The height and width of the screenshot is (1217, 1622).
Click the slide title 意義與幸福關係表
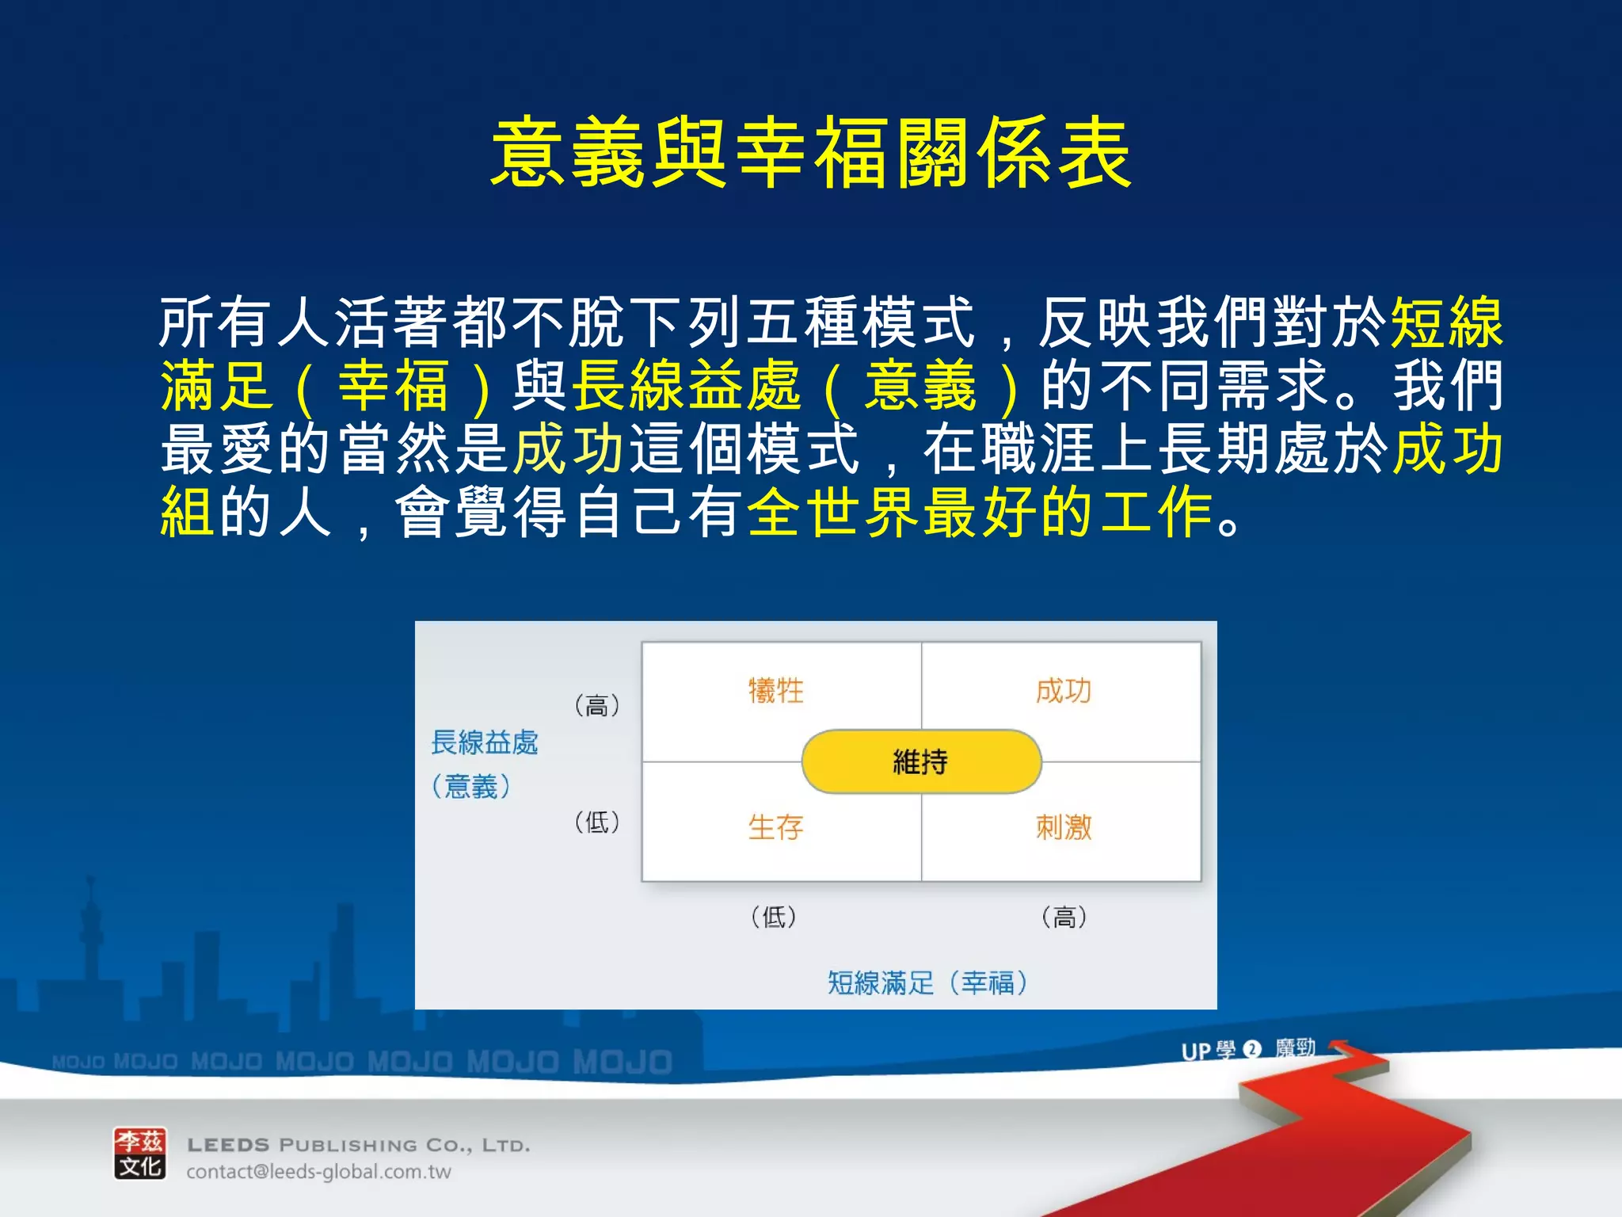[x=811, y=153]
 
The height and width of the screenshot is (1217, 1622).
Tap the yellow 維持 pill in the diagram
[x=921, y=761]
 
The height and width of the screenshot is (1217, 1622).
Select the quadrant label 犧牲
[x=775, y=691]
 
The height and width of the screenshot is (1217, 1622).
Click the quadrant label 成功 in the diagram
[x=1063, y=691]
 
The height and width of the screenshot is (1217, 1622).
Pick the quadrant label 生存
[x=775, y=827]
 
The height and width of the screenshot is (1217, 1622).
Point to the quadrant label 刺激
[x=1063, y=827]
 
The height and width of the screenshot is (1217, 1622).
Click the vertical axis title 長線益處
[x=484, y=743]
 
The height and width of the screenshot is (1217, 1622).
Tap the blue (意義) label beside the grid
[x=471, y=787]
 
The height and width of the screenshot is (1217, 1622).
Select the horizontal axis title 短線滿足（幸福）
[x=927, y=982]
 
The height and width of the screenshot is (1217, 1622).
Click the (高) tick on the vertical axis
[x=596, y=705]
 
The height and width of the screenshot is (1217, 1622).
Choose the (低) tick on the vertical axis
[x=596, y=822]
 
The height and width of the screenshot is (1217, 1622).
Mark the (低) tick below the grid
[x=774, y=917]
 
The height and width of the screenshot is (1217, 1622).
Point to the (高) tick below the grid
[x=1064, y=917]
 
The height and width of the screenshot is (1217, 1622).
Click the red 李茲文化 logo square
[x=140, y=1154]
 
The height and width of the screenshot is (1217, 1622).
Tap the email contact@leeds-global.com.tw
[x=318, y=1172]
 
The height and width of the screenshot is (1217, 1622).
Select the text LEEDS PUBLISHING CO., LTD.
[x=358, y=1145]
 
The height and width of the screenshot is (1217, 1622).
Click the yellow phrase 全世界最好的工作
[x=980, y=513]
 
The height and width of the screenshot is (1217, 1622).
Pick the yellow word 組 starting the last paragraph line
[x=187, y=513]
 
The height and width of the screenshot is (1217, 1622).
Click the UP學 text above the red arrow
[x=1208, y=1051]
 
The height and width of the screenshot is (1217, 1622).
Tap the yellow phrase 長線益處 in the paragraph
[x=687, y=386]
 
